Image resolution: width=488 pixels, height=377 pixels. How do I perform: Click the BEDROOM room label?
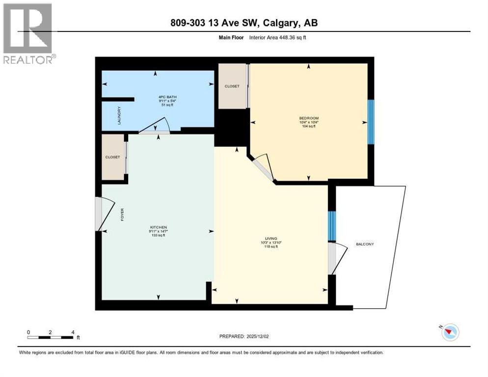pyautogui.click(x=309, y=118)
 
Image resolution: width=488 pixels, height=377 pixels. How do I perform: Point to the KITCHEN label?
pyautogui.click(x=158, y=227)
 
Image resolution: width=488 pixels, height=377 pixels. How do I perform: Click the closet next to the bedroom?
pyautogui.click(x=232, y=86)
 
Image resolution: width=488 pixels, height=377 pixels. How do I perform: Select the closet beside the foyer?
pyautogui.click(x=113, y=157)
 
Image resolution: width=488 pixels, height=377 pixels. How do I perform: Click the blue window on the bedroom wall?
pyautogui.click(x=371, y=122)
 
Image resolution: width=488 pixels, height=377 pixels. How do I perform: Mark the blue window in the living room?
pyautogui.click(x=331, y=226)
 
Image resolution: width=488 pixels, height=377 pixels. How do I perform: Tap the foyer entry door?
pyautogui.click(x=105, y=214)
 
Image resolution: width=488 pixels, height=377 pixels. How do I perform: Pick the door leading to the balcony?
pyautogui.click(x=337, y=258)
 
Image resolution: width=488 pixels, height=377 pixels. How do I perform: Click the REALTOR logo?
pyautogui.click(x=28, y=33)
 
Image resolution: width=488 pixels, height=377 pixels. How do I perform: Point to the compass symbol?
pyautogui.click(x=449, y=332)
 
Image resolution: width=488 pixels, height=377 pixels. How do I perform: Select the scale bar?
pyautogui.click(x=51, y=337)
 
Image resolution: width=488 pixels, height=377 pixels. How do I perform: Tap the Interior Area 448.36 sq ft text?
pyautogui.click(x=278, y=37)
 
